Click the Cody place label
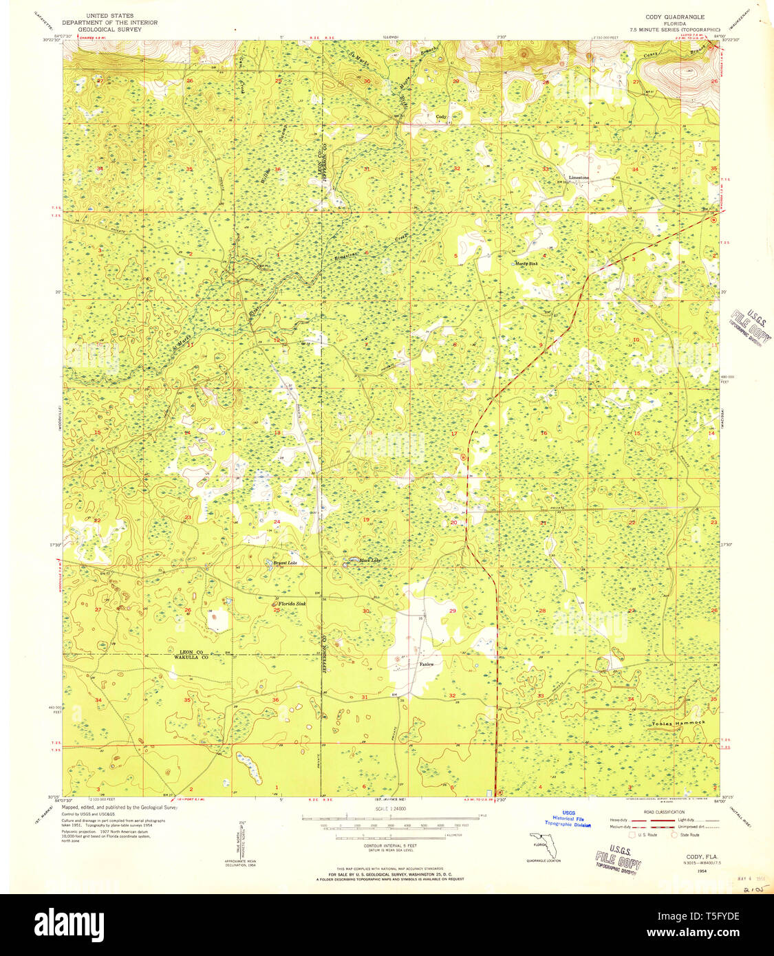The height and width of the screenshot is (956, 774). (441, 117)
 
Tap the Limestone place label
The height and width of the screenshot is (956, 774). (579, 177)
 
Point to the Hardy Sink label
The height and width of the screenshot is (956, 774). (526, 263)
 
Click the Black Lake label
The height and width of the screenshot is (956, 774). (369, 561)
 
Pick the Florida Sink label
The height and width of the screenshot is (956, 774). (292, 603)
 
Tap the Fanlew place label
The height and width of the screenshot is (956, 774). (427, 664)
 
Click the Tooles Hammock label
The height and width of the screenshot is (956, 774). (678, 723)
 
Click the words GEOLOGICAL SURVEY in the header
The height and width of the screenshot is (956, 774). (109, 30)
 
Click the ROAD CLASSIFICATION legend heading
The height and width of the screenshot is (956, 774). (664, 812)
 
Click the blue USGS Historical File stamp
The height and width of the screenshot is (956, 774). (568, 818)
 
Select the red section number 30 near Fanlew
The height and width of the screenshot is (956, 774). (365, 611)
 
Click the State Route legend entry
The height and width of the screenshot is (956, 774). (689, 835)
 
